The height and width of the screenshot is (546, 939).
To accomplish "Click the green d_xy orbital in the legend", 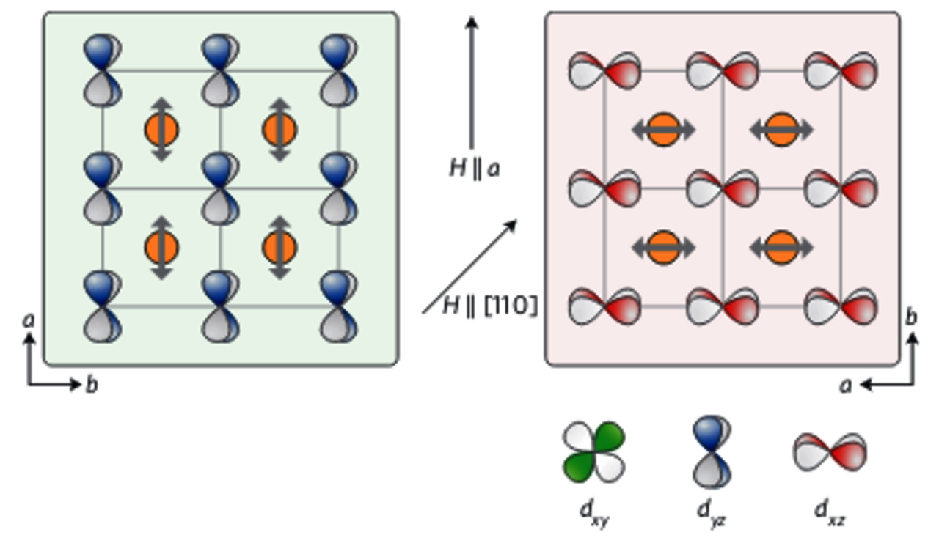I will pyautogui.click(x=593, y=451).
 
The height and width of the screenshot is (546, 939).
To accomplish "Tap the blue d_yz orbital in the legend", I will pyautogui.click(x=711, y=451).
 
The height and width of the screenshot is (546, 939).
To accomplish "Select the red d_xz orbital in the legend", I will pyautogui.click(x=830, y=451).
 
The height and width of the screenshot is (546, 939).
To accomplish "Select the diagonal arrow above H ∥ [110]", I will pyautogui.click(x=469, y=267).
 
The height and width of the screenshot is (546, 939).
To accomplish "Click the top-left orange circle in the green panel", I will pyautogui.click(x=161, y=130).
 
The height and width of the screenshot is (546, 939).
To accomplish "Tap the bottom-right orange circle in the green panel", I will pyautogui.click(x=279, y=248).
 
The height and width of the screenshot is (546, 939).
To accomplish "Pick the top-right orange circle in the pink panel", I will pyautogui.click(x=781, y=130).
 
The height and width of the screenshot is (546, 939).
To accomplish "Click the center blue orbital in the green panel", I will pyautogui.click(x=220, y=188).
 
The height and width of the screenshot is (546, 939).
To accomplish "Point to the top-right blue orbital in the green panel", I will pyautogui.click(x=338, y=71).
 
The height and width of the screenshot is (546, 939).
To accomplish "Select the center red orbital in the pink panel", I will pyautogui.click(x=723, y=188).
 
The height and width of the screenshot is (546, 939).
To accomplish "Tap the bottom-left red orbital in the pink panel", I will pyautogui.click(x=604, y=306).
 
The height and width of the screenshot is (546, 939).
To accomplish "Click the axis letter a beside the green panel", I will pyautogui.click(x=29, y=320).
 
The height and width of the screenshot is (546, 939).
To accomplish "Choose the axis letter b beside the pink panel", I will pyautogui.click(x=911, y=317).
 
